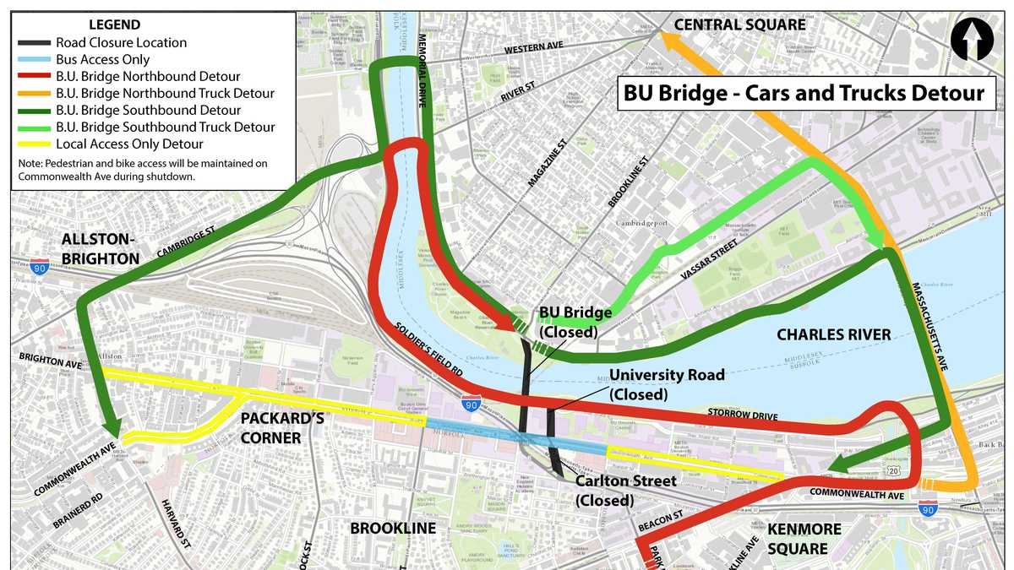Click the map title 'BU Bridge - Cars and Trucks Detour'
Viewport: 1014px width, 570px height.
pos(804,93)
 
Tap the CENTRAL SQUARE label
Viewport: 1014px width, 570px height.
pos(739,24)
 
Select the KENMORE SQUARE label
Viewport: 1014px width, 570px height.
pos(804,539)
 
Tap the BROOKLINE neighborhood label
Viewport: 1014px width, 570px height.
pos(393,529)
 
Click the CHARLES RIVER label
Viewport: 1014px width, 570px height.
pos(834,335)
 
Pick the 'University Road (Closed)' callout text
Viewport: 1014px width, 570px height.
pos(667,384)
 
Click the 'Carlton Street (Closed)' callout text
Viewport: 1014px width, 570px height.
pos(625,491)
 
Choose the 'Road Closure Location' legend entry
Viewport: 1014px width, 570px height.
pos(121,42)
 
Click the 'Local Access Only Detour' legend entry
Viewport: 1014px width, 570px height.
pos(129,144)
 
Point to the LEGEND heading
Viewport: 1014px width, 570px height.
pos(114,25)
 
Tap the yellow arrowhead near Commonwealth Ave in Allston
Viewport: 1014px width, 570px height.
pos(128,439)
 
